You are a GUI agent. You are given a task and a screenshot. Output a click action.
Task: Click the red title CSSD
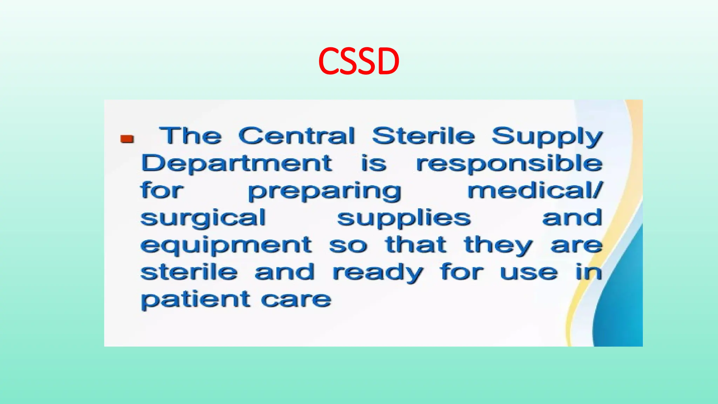click(x=359, y=61)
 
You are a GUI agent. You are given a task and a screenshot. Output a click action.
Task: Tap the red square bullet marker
click(x=127, y=139)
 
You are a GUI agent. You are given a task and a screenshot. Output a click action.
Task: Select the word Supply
click(x=547, y=137)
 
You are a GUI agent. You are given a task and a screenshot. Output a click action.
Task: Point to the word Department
click(x=236, y=164)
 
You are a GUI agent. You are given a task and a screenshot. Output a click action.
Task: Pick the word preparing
click(x=325, y=192)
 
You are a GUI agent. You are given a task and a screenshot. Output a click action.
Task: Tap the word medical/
click(x=535, y=190)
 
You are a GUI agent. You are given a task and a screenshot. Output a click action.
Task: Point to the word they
click(x=498, y=246)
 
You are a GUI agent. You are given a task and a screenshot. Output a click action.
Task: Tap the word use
click(x=529, y=273)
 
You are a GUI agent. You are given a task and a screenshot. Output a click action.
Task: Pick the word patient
click(x=196, y=300)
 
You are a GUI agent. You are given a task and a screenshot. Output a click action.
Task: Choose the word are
click(x=576, y=245)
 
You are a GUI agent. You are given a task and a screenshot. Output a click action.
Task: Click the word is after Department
click(x=374, y=163)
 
